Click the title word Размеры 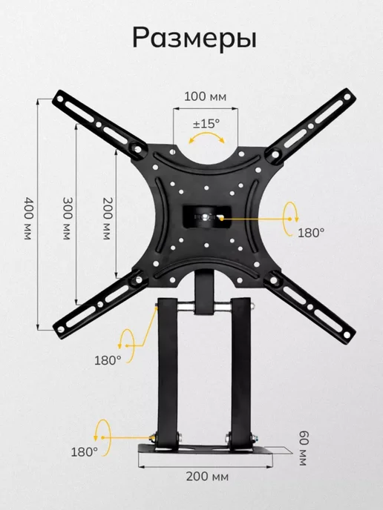pyautogui.click(x=194, y=39)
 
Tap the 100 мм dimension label pyautogui.click(x=205, y=96)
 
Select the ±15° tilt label pyautogui.click(x=206, y=124)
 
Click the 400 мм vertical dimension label pyautogui.click(x=29, y=218)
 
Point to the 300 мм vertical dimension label pyautogui.click(x=68, y=218)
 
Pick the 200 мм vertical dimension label pyautogui.click(x=108, y=218)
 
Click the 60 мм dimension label pyautogui.click(x=304, y=448)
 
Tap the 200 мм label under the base pyautogui.click(x=207, y=477)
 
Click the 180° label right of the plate pyautogui.click(x=311, y=233)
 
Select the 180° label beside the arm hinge pyautogui.click(x=108, y=360)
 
